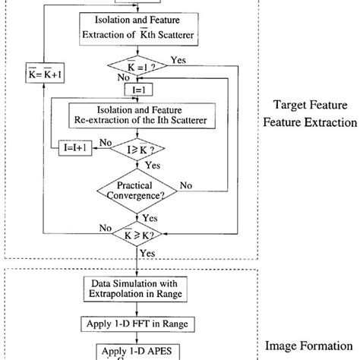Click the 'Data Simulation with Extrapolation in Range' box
[137, 289]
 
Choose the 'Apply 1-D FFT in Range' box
[137, 324]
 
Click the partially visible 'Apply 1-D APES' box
[137, 352]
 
